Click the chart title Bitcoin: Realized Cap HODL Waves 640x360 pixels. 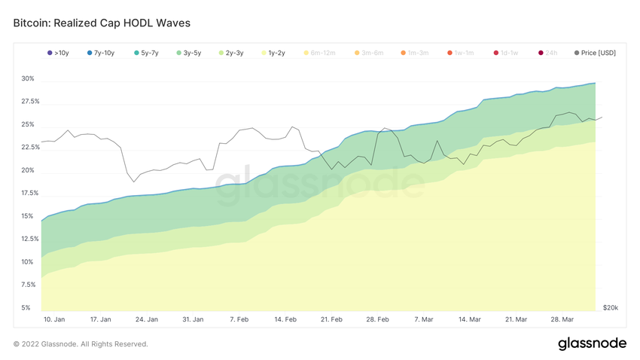[102, 23]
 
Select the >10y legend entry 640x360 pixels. [59, 53]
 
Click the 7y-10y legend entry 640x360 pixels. [102, 53]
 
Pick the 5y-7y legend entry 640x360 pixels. [146, 53]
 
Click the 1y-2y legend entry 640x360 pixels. [274, 53]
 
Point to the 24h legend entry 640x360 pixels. [548, 53]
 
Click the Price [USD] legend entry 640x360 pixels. [595, 53]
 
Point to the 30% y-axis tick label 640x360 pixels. [28, 78]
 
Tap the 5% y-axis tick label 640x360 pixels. [26, 308]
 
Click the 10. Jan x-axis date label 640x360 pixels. [54, 319]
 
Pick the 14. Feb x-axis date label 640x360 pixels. [286, 319]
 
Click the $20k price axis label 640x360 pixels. [610, 308]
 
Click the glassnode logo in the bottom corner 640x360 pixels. [592, 343]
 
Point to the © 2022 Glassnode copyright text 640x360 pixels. [81, 344]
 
